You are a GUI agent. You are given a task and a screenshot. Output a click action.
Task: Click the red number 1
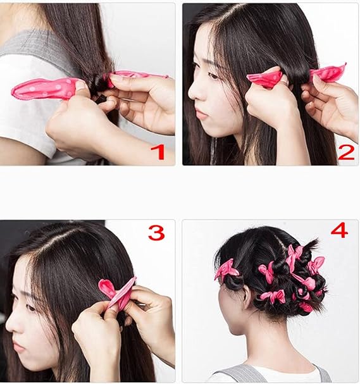tap(158, 152)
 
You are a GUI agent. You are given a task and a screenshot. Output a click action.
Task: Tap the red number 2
tap(346, 152)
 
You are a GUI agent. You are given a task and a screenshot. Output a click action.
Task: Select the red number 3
tap(156, 233)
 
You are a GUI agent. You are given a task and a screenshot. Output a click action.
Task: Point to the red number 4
tap(339, 230)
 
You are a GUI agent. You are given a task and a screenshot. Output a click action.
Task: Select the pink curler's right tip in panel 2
tap(345, 64)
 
